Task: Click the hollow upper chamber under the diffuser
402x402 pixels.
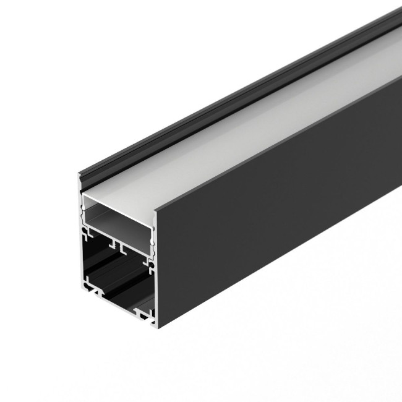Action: tap(118, 213)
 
